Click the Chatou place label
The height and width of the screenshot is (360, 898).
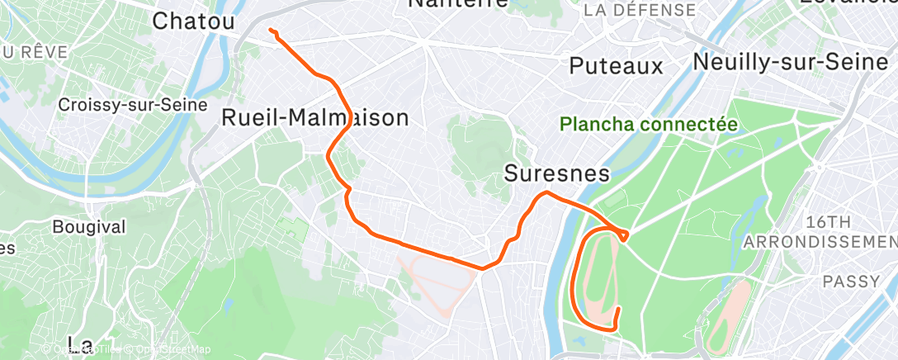pos(194,22)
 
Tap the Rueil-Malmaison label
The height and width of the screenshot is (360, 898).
pos(315,118)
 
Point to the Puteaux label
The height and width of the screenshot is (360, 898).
pos(617,66)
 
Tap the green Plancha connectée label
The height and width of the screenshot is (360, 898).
pos(648,125)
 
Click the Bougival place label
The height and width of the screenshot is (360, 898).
pos(88,226)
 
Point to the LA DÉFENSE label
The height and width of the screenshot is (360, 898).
pos(640,11)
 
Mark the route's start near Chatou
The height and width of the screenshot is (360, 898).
pos(270,31)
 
